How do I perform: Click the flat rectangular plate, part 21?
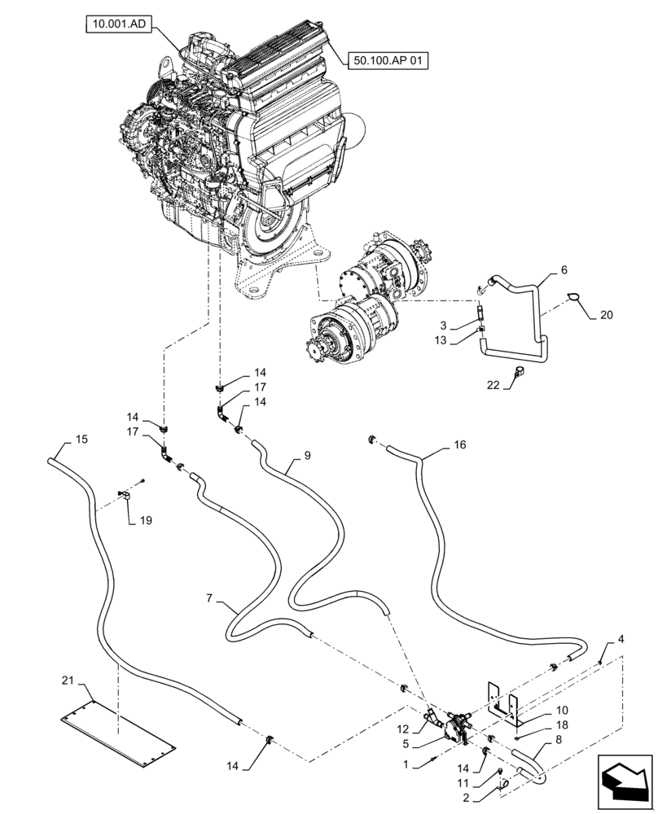tap(118, 728)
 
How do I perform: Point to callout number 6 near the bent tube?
tap(564, 269)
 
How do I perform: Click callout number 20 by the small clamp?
tap(607, 314)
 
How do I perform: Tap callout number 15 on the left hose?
tap(81, 440)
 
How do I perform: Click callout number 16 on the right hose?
tap(460, 445)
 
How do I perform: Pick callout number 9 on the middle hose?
tap(307, 457)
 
